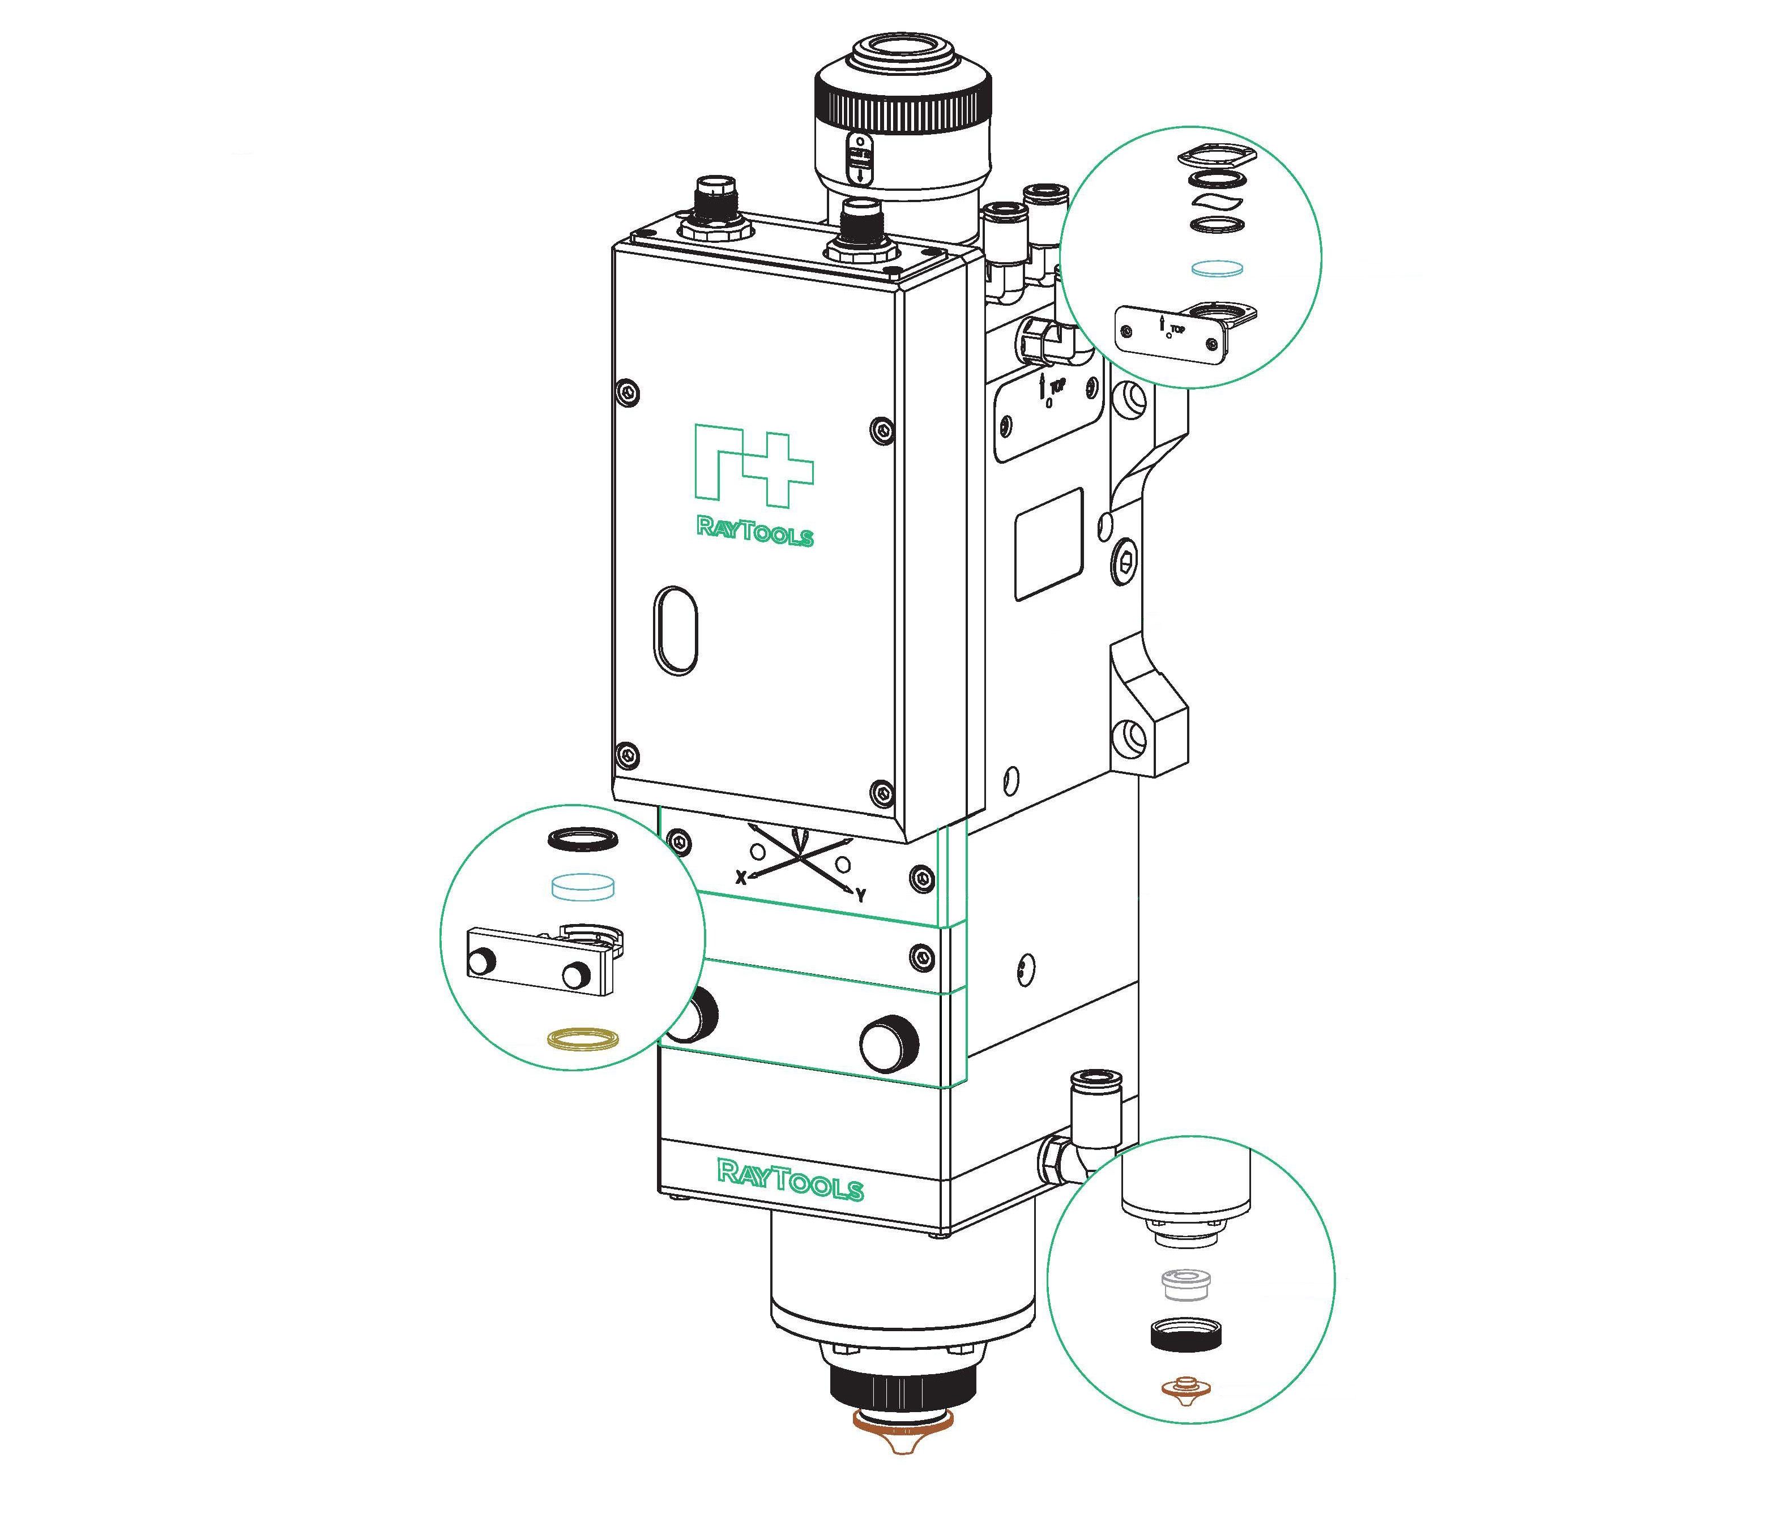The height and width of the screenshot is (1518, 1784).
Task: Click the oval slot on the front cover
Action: [x=676, y=627]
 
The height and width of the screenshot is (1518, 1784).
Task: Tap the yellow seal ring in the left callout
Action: [x=583, y=1038]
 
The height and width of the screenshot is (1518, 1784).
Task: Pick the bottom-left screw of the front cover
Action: [x=629, y=755]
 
